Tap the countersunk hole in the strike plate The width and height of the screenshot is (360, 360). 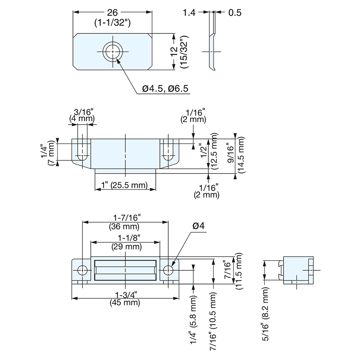113,52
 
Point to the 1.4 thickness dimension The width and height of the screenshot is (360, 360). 189,13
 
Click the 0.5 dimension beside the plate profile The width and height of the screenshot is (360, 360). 234,13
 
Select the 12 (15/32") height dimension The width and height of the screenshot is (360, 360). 179,52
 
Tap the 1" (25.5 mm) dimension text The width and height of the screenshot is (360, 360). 125,185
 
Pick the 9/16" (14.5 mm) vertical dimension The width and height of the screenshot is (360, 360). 235,155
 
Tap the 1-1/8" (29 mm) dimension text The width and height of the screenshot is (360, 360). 125,242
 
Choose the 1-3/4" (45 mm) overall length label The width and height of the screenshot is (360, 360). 125,299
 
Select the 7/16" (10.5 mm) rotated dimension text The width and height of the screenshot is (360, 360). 215,319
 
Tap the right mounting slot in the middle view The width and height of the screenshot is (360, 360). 167,150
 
